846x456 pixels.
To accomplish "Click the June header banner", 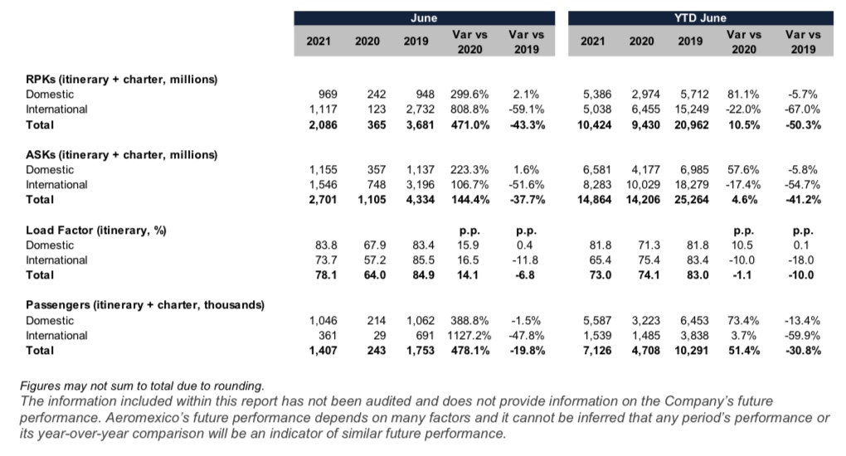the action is [424, 17].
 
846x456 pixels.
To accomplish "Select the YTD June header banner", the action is [700, 17].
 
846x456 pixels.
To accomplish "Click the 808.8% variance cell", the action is [470, 109].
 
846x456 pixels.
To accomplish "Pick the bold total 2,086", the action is [323, 125].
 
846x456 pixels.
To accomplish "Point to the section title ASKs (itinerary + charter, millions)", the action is [121, 155].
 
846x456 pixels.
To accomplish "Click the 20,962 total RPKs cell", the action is [691, 125].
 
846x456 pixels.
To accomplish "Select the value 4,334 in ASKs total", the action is [421, 200].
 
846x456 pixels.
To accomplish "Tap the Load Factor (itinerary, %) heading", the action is [96, 230].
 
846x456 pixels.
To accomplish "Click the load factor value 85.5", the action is [424, 260].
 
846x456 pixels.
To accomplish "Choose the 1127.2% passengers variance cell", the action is [469, 336].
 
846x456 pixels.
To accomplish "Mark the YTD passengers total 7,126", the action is [597, 351].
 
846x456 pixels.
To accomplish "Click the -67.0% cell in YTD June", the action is [803, 109].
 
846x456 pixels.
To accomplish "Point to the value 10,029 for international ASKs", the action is [643, 185].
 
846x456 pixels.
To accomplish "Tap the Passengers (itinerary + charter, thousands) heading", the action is [145, 305].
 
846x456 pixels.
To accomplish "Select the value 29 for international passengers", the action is [380, 336].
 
